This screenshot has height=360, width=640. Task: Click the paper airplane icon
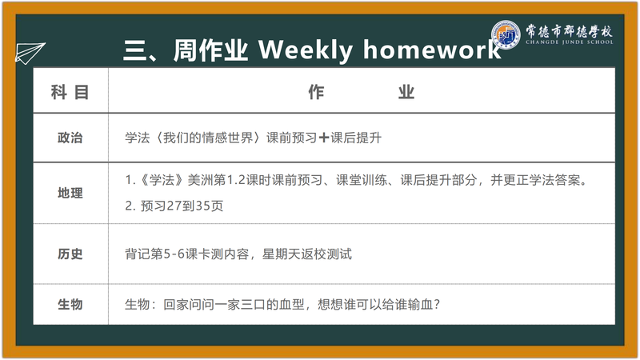point(30,53)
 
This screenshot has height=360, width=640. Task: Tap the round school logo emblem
point(506,34)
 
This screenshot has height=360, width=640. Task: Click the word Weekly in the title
point(306,50)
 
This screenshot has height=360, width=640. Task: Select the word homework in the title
point(432,50)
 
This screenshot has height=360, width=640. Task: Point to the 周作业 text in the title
point(210,50)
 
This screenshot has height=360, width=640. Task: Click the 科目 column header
point(70,92)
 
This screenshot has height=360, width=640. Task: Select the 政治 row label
point(70,138)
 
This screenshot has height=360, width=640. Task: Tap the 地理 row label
point(70,193)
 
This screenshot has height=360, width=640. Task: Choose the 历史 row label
point(70,254)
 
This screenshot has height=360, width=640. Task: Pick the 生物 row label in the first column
point(70,305)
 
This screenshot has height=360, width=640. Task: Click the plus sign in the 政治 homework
point(324,138)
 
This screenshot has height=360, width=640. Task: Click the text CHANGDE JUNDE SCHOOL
point(570,42)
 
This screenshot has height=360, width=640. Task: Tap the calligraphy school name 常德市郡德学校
point(569,30)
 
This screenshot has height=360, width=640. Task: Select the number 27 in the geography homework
point(174,206)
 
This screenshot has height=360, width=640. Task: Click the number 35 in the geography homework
point(203,206)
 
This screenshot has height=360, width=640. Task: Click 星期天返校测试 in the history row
point(307,254)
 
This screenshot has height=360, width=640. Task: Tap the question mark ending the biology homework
point(437,305)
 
